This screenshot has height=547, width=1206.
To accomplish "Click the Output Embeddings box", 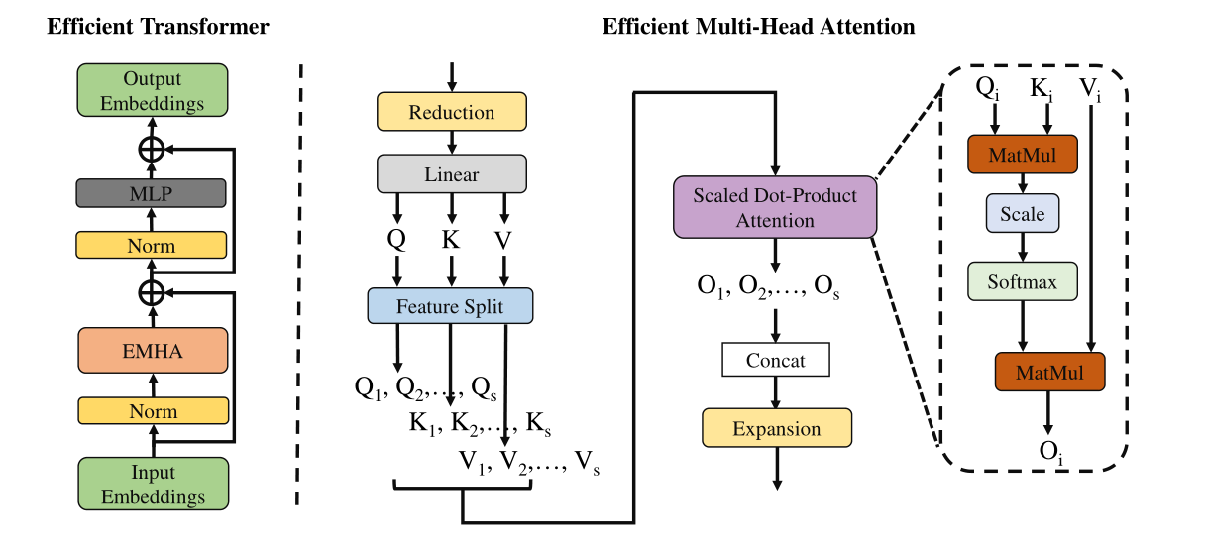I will click(x=152, y=90).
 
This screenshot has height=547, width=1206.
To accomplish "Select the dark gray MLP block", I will click(x=152, y=194).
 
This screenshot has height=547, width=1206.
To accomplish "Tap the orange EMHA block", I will click(x=152, y=351).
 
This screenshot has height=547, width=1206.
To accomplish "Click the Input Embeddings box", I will click(x=152, y=483).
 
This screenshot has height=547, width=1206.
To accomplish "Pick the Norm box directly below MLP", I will click(x=152, y=245).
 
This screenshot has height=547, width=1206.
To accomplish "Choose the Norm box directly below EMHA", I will click(x=152, y=410).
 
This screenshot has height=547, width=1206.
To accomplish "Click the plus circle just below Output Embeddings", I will click(x=152, y=149).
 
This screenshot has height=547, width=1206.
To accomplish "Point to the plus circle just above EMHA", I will click(x=152, y=292).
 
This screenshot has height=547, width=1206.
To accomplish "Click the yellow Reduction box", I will click(x=451, y=112).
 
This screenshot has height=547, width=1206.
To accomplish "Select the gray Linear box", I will click(x=451, y=174).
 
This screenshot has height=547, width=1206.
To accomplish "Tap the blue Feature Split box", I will click(x=451, y=306).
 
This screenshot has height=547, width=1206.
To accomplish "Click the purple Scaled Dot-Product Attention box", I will click(x=775, y=208).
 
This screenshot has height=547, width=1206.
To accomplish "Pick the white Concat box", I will click(x=776, y=360).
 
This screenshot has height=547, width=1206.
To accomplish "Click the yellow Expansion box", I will click(x=776, y=429).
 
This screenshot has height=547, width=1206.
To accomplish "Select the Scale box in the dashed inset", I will click(x=1022, y=214).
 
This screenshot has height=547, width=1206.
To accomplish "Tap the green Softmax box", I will click(x=1022, y=282).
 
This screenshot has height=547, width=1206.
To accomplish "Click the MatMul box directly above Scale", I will click(x=1022, y=155).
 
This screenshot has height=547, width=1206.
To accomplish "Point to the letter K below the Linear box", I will click(x=452, y=239).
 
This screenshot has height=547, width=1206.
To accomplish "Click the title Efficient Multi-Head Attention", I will click(x=758, y=27).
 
